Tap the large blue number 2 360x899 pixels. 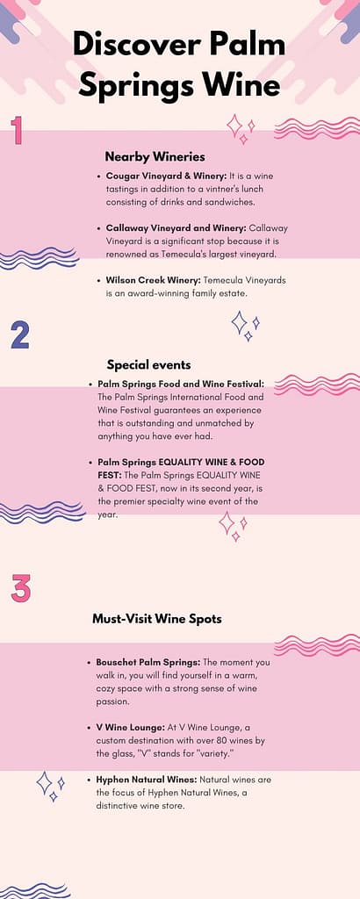pyautogui.click(x=20, y=336)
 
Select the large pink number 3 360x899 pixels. pyautogui.click(x=21, y=587)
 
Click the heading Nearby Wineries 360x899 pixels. pyautogui.click(x=155, y=156)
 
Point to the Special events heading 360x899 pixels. pyautogui.click(x=148, y=364)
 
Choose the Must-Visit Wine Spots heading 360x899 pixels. pyautogui.click(x=156, y=619)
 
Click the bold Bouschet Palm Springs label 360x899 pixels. pyautogui.click(x=143, y=662)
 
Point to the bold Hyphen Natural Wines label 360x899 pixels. pyautogui.click(x=146, y=780)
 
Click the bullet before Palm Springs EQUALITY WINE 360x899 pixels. pyautogui.click(x=91, y=462)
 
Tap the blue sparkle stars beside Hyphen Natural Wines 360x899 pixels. pyautogui.click(x=50, y=784)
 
